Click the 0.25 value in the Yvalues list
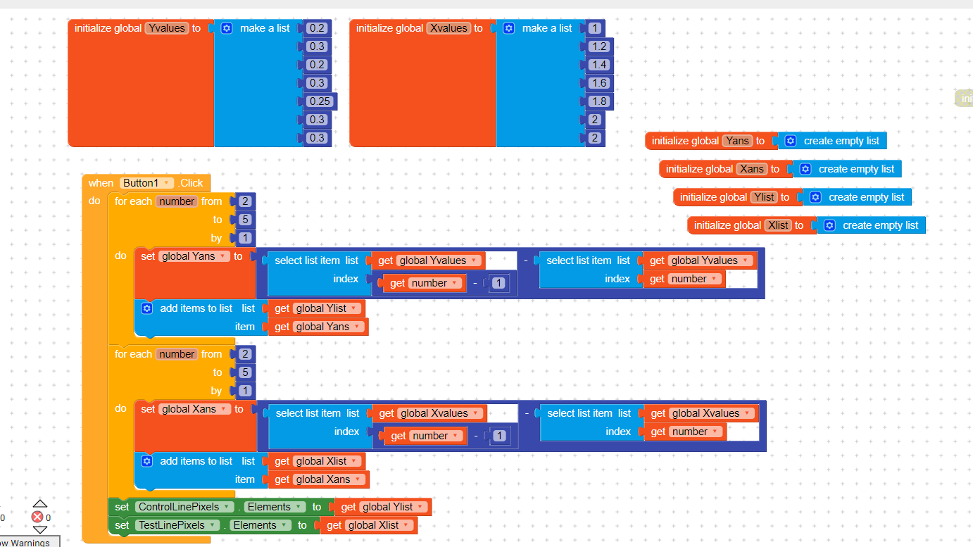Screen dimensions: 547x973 point(320,101)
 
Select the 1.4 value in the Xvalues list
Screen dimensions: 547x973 point(599,65)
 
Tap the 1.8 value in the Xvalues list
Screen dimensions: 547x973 point(599,101)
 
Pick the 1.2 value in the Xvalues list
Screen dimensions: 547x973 point(599,46)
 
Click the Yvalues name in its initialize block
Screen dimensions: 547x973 point(167,28)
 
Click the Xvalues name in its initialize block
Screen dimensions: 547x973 point(448,28)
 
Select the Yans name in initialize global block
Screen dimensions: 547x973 point(737,141)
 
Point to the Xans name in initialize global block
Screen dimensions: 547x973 point(752,169)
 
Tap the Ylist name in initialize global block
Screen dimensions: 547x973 point(765,197)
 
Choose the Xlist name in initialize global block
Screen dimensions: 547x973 point(779,225)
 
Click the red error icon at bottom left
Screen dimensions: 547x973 point(37,517)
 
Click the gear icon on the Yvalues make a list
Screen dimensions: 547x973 point(227,28)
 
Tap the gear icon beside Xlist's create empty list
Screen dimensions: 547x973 point(829,225)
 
